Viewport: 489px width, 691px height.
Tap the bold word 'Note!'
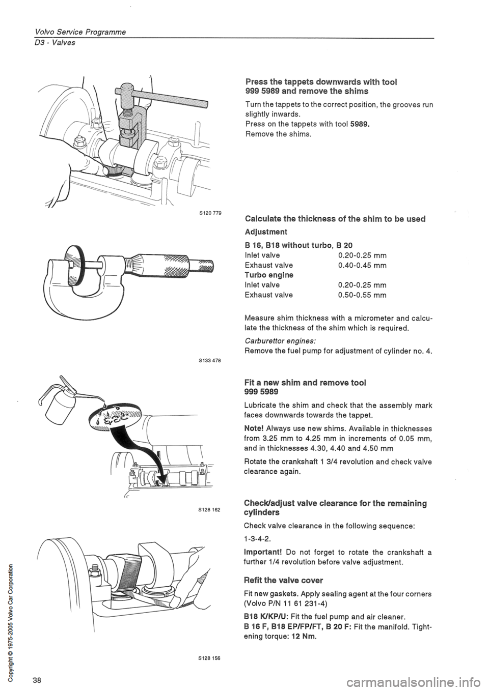(x=256, y=428)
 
